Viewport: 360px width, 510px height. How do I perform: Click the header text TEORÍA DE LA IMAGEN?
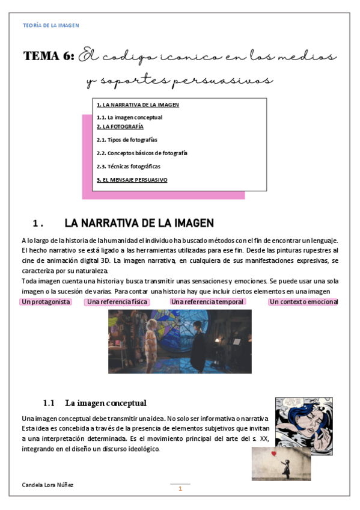tap(50, 25)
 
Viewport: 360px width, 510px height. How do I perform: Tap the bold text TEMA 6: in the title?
tap(49, 57)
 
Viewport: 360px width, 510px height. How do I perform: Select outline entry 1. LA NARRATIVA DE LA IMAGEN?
tap(138, 105)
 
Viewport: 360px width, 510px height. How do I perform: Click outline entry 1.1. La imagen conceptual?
tap(129, 117)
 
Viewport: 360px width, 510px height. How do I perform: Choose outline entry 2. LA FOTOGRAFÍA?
tap(120, 127)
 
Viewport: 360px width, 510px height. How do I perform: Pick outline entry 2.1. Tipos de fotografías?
tap(127, 140)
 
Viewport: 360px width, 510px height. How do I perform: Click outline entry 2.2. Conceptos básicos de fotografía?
tap(142, 153)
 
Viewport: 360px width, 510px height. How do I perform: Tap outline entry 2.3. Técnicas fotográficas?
tap(128, 166)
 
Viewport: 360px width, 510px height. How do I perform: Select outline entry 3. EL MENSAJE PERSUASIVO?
tap(132, 180)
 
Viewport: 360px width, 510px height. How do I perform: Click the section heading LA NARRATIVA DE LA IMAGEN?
tap(139, 223)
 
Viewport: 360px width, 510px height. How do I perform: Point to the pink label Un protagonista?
tap(46, 301)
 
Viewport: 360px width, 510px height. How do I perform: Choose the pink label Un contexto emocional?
tap(304, 301)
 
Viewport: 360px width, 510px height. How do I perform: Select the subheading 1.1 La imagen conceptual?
tap(95, 402)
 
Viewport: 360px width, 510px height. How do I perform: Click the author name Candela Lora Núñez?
tap(47, 485)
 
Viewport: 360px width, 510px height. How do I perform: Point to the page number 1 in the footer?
tap(180, 488)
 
